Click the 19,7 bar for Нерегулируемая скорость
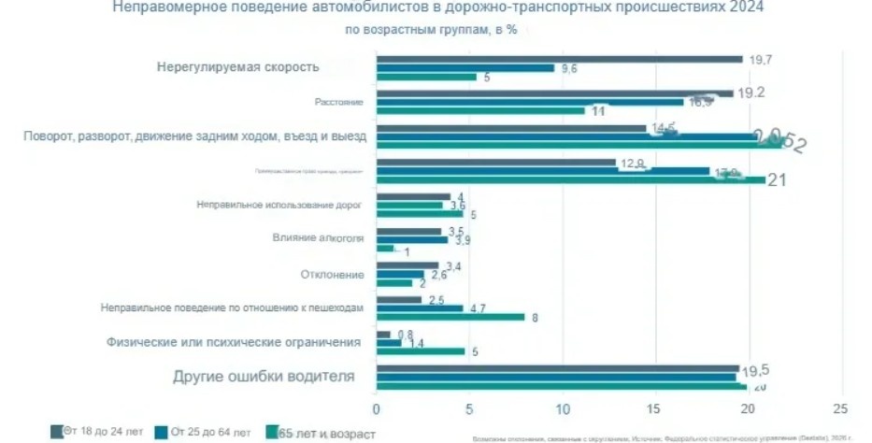click(559, 59)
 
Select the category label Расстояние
click(339, 101)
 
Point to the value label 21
click(777, 180)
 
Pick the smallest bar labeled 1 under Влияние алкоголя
click(385, 249)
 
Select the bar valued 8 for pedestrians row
click(450, 317)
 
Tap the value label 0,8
click(405, 335)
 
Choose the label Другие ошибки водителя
click(264, 377)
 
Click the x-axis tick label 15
click(654, 408)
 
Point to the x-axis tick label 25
click(840, 408)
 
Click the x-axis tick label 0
click(377, 408)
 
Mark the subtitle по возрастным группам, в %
click(431, 30)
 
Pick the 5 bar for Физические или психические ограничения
click(421, 351)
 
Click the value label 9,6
click(567, 68)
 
